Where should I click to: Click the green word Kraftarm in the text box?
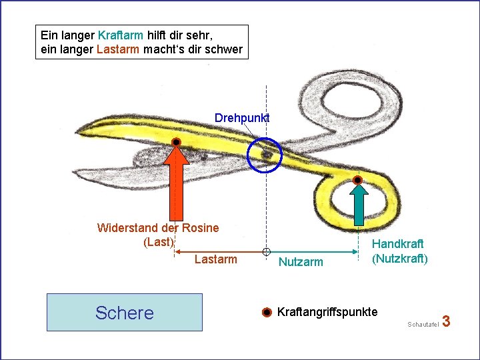[x=120, y=34]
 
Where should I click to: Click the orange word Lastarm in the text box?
[x=119, y=49]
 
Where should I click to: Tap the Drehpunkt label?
[x=242, y=118]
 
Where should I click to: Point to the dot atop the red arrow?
[x=176, y=143]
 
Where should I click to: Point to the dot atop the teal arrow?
[x=358, y=180]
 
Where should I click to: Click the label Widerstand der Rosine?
[x=158, y=228]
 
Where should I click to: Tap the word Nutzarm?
[x=301, y=263]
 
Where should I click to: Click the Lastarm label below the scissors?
[x=215, y=259]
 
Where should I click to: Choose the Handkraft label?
[x=398, y=245]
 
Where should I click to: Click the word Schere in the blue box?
[x=125, y=313]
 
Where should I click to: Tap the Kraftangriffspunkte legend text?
[x=327, y=312]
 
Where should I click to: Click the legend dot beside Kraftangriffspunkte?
[x=266, y=313]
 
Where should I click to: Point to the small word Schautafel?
[x=421, y=324]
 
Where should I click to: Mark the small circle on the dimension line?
[x=266, y=252]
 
